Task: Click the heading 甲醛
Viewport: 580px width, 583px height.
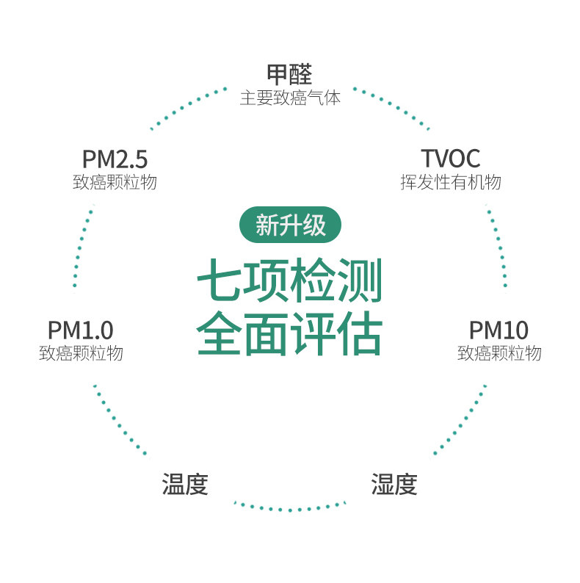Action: pyautogui.click(x=289, y=74)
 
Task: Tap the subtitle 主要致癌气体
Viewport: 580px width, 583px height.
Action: pyautogui.click(x=289, y=98)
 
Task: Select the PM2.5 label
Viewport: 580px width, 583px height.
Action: pyautogui.click(x=115, y=159)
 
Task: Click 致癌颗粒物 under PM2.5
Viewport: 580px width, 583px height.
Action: pyautogui.click(x=115, y=182)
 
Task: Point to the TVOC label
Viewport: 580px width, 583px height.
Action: pyautogui.click(x=450, y=159)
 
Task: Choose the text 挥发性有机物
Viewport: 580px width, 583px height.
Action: pyautogui.click(x=450, y=182)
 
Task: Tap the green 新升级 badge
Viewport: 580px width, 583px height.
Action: pyautogui.click(x=290, y=225)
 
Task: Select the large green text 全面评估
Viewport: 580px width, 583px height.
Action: pyautogui.click(x=290, y=335)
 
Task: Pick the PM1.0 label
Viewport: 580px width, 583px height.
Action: pyautogui.click(x=81, y=330)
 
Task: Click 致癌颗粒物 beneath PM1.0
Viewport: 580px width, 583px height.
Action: pyautogui.click(x=81, y=353)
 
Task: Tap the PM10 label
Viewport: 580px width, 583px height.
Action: pyautogui.click(x=499, y=330)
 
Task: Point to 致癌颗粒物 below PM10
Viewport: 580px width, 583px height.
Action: pyautogui.click(x=499, y=353)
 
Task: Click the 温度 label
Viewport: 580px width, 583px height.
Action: pyautogui.click(x=185, y=485)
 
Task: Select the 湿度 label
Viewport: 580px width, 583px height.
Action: pyautogui.click(x=394, y=485)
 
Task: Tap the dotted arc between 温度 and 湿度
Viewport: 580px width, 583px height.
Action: pyautogui.click(x=289, y=507)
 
